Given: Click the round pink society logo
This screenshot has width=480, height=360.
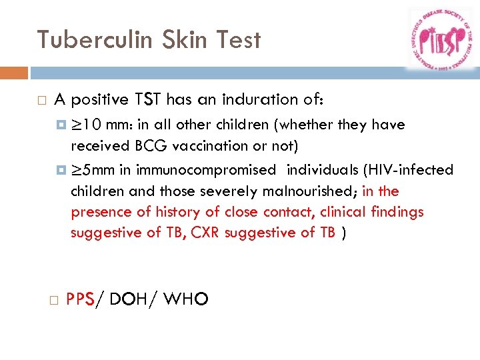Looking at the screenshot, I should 440,39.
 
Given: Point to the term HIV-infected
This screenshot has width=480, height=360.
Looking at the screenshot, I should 407,170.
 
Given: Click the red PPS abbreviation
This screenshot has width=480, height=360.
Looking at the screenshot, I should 80,301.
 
